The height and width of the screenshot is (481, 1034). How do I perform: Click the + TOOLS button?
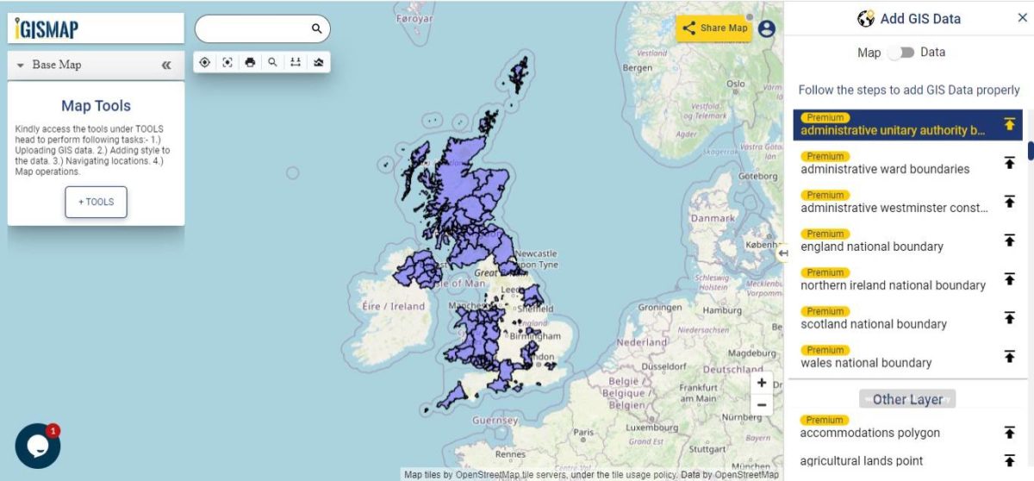point(96,202)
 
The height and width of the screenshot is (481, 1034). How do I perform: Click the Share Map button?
point(714,28)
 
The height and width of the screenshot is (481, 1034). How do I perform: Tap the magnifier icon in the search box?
point(317,28)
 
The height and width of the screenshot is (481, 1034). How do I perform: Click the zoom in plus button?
point(761,383)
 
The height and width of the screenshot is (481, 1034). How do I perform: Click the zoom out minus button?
point(761,404)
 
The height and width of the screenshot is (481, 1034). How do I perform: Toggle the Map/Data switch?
point(901,53)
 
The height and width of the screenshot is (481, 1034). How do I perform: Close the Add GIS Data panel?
point(1022,18)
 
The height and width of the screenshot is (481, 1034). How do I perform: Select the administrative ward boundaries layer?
point(885,169)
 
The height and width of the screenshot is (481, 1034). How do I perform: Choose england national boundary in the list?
point(872,247)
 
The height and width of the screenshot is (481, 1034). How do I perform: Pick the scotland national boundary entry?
point(874,324)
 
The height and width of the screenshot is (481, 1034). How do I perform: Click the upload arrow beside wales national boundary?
point(1009,356)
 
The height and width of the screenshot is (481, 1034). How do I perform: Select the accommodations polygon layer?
point(870,433)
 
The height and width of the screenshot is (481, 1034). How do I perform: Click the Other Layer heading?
point(907,399)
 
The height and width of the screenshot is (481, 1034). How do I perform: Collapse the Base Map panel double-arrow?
point(166,65)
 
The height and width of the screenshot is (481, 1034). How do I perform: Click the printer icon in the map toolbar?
point(250,62)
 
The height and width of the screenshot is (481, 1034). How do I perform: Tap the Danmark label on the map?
point(713,218)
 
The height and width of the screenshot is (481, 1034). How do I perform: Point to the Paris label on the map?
point(584,433)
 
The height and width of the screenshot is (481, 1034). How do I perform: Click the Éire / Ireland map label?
point(394,306)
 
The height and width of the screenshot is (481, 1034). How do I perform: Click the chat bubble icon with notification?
point(37,446)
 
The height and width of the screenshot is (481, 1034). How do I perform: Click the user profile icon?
point(767,28)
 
